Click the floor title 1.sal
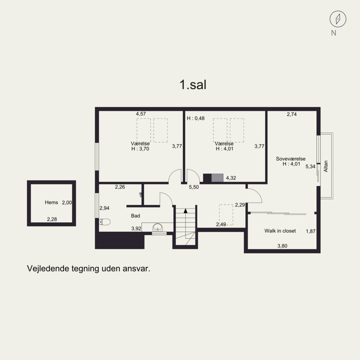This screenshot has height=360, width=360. pos(193,85)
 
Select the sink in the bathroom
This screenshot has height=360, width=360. pos(157,227)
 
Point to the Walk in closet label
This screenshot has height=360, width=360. pos(280,231)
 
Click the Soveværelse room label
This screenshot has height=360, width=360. pos(291,159)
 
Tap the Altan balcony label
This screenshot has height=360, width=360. pos(326,167)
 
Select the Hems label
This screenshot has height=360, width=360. pos(51,203)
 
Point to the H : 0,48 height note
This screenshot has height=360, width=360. pos(196,118)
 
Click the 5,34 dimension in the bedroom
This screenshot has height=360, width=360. pos(310,166)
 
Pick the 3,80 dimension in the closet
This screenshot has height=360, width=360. pos(282,246)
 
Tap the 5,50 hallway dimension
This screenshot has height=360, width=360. pos(194,187)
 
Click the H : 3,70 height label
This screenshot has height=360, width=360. pos(139,148)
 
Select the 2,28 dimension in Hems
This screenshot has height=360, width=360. pos(53,220)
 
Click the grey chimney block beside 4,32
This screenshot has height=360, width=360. pos(216,178)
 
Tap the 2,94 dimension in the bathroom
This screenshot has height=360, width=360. pos(104,208)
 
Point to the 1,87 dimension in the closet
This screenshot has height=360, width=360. pos(310,231)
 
